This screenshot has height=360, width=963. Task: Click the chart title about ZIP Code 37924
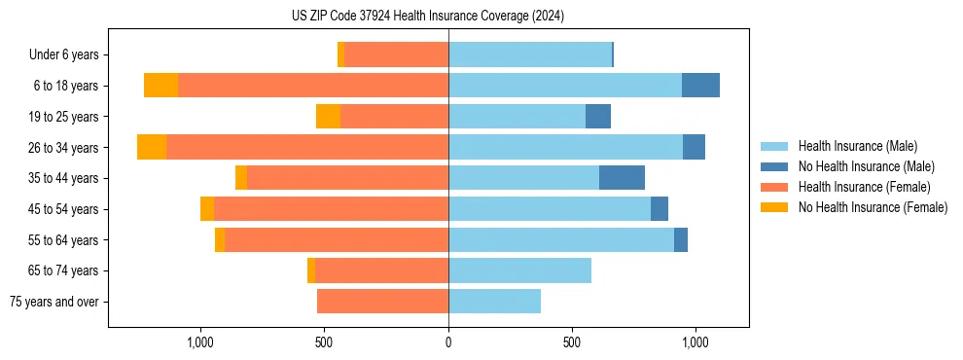[427, 17]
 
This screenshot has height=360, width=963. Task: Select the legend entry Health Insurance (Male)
[857, 146]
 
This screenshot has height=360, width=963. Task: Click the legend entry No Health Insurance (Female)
[873, 207]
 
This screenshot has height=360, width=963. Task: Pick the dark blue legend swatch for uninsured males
[774, 166]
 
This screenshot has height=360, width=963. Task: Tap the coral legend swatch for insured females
[774, 187]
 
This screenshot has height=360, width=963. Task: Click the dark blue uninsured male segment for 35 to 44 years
[622, 178]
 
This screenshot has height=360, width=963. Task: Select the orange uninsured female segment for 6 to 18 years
[160, 86]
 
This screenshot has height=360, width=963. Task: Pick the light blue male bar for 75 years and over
[494, 302]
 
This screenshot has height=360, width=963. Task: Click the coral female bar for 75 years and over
[382, 302]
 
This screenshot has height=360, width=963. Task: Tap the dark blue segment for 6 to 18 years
[700, 86]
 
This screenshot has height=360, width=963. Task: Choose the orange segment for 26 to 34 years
[152, 147]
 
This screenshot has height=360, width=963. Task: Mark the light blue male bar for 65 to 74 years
[519, 270]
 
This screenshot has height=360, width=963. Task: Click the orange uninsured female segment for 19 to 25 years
[328, 117]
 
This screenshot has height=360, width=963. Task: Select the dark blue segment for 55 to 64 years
[681, 239]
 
